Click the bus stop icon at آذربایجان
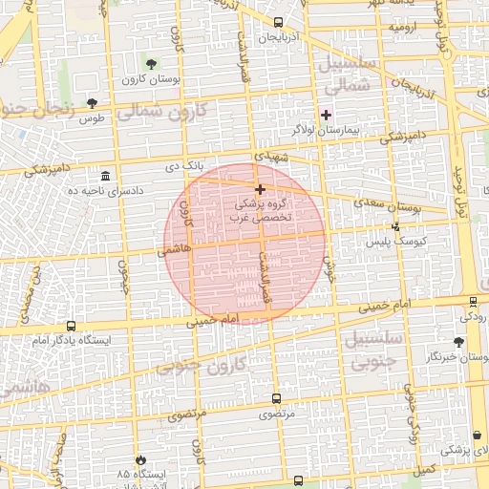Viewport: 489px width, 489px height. coord(278,22)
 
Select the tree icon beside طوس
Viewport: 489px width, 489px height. coord(92,103)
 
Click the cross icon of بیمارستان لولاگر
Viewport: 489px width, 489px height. coord(326,114)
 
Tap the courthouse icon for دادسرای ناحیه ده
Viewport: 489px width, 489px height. coord(105,177)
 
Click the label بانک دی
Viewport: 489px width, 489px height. coord(185,166)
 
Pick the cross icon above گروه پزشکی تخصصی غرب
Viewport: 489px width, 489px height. coord(260,189)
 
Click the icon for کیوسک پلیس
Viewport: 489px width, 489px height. coord(396,227)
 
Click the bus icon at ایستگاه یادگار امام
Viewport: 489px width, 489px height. coord(71,325)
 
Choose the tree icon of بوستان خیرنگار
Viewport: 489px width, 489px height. coord(459,341)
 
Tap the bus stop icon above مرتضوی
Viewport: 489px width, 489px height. coord(277,399)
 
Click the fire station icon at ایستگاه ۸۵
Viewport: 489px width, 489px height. coord(141,459)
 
